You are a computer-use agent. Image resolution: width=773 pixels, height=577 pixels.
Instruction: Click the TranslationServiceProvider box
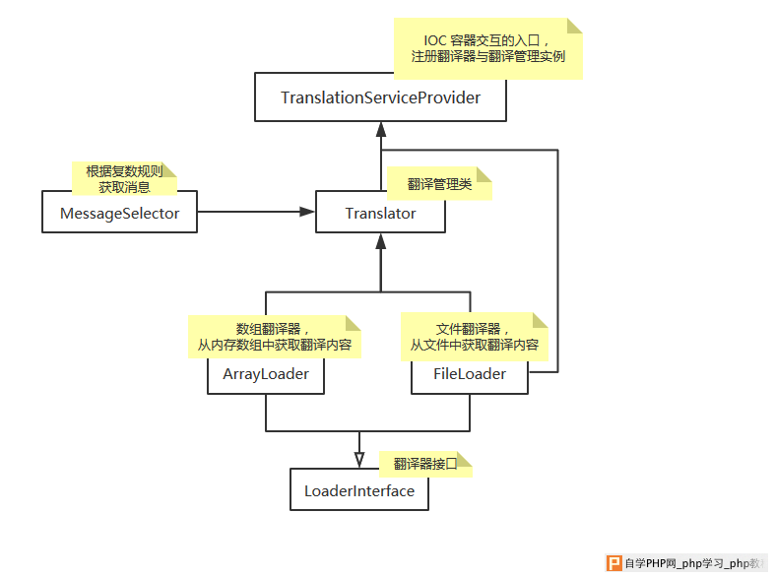380,97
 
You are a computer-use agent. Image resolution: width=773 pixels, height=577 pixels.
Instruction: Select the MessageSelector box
119,212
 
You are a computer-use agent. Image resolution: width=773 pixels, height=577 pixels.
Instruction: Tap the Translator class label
380,214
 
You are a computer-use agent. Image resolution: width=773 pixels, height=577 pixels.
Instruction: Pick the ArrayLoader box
266,374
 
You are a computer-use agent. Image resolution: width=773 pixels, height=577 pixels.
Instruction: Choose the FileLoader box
470,375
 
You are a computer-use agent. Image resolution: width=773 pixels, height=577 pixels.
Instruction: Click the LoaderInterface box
358,489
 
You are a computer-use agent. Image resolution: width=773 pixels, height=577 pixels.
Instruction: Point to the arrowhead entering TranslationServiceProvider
380,129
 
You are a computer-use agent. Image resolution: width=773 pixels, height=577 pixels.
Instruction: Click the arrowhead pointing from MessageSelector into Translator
306,212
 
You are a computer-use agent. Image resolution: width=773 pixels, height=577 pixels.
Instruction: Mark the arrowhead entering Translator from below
380,241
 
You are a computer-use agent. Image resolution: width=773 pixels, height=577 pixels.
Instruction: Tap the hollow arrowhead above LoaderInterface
359,460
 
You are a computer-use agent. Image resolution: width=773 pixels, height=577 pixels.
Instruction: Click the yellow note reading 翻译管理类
439,184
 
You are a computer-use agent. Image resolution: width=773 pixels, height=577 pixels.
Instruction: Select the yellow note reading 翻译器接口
425,464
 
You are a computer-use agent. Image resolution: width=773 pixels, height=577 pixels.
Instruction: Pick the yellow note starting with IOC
488,48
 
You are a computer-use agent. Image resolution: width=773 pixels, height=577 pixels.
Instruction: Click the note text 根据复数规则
124,171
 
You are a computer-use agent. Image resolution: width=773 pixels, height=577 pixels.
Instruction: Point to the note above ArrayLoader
274,337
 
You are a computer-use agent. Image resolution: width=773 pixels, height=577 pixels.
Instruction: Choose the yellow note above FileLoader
475,337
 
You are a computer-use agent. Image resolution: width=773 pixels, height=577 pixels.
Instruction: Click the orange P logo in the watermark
614,562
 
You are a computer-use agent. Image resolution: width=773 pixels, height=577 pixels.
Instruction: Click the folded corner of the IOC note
575,26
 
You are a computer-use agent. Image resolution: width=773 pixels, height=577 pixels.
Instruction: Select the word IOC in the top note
435,40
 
